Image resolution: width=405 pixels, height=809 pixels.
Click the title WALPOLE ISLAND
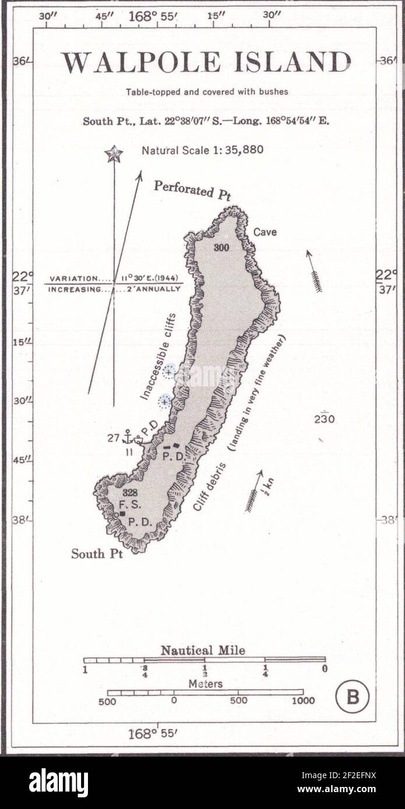click(206, 63)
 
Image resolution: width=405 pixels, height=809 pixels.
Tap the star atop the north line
click(114, 154)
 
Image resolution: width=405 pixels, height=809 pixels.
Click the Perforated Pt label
click(193, 190)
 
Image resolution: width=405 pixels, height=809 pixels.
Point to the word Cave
click(265, 232)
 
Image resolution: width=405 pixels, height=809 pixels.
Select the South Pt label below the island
click(97, 553)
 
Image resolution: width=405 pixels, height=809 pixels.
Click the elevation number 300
click(221, 247)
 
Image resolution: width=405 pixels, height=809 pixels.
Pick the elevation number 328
click(130, 493)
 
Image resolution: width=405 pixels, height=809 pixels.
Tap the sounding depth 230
click(325, 418)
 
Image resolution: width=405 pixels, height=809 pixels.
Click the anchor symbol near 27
click(128, 437)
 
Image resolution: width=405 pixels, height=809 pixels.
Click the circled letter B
click(353, 696)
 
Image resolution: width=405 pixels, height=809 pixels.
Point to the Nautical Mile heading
click(203, 651)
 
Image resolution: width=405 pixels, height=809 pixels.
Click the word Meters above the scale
click(205, 684)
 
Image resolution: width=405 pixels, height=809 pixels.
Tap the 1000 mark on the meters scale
click(303, 701)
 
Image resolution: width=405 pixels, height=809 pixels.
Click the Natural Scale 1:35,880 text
click(202, 150)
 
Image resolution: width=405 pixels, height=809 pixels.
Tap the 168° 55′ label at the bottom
click(152, 733)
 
